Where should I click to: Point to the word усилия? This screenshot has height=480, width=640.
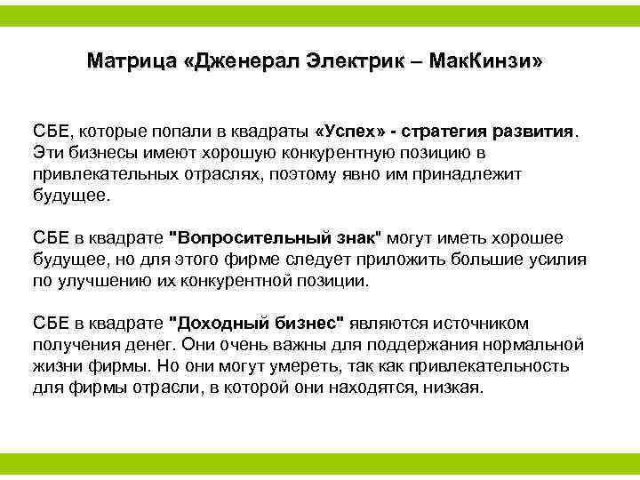pos(557,260)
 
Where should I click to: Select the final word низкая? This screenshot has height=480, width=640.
pos(452,388)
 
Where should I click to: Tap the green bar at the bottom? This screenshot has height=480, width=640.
pos(320,463)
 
